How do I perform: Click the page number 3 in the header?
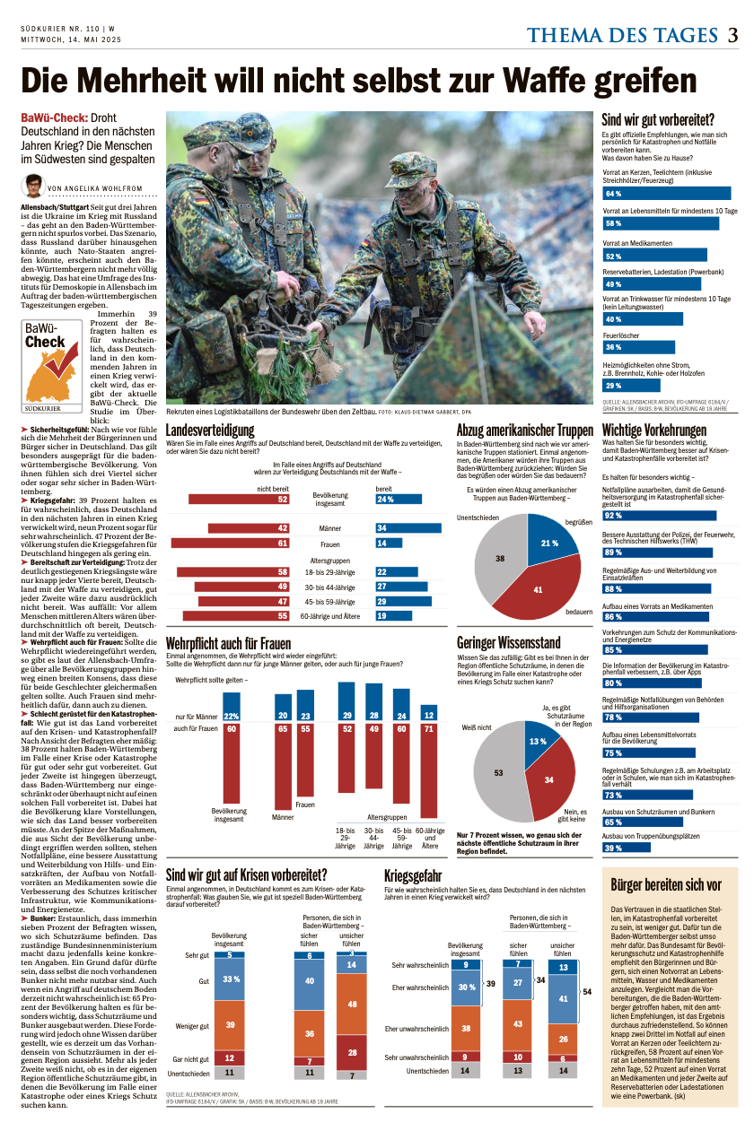pos(732,36)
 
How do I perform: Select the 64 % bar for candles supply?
pos(666,194)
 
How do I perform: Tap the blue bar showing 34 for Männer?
pos(408,528)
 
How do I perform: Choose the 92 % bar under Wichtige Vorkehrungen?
pos(666,516)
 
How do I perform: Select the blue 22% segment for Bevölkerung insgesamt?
pos(231,715)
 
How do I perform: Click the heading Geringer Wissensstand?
pos(508,643)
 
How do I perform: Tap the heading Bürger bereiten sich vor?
pos(665,885)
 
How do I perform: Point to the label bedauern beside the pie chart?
pos(578,610)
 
